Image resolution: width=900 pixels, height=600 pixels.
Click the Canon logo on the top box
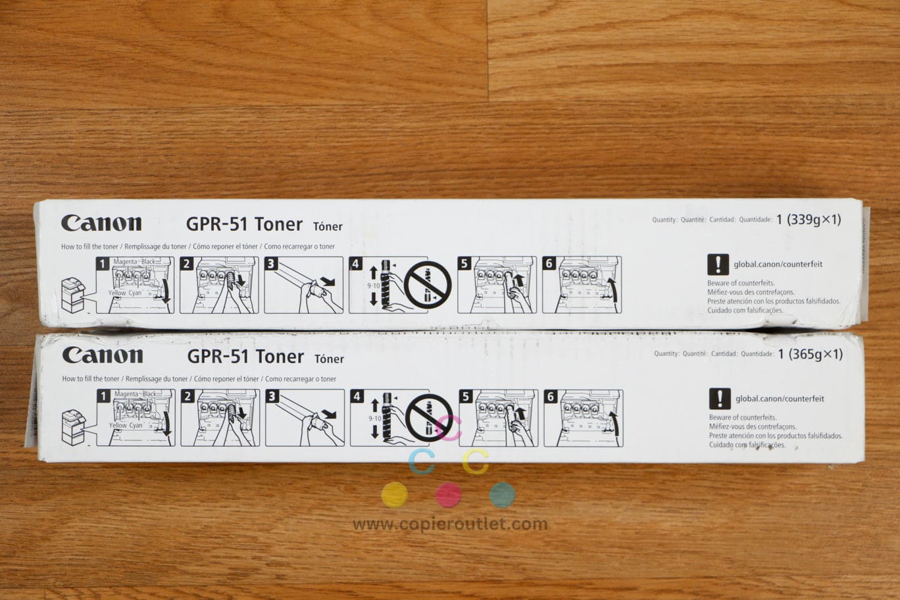pyautogui.click(x=101, y=223)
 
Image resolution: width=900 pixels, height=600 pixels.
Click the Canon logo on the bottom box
pyautogui.click(x=103, y=355)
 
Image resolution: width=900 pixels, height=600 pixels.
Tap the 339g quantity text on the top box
pyautogui.click(x=809, y=220)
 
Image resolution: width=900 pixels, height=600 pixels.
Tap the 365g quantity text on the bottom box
pyautogui.click(x=810, y=354)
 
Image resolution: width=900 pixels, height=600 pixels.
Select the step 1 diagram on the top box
pyautogui.click(x=136, y=285)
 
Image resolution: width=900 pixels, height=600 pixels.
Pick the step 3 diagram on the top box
pyautogui.click(x=303, y=285)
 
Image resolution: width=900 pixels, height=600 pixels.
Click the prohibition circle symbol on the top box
pyautogui.click(x=428, y=285)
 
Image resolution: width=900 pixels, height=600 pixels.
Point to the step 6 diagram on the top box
pyautogui.click(x=582, y=285)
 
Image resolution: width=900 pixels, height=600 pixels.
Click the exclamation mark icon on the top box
pyautogui.click(x=718, y=264)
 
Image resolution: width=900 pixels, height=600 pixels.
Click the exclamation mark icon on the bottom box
pyautogui.click(x=719, y=399)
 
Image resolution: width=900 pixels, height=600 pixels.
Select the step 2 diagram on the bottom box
pyautogui.click(x=220, y=418)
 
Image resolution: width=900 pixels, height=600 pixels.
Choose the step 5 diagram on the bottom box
pyautogui.click(x=498, y=418)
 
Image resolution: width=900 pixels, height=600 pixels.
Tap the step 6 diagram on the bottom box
pyautogui.click(x=584, y=418)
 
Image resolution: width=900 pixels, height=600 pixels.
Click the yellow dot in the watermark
pyautogui.click(x=394, y=495)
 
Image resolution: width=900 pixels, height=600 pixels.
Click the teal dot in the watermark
pyautogui.click(x=502, y=495)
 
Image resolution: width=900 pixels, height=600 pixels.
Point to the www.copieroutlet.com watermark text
pyautogui.click(x=450, y=524)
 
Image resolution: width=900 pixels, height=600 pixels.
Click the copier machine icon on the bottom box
pyautogui.click(x=73, y=427)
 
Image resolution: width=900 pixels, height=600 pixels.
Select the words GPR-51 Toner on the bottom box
pyautogui.click(x=245, y=357)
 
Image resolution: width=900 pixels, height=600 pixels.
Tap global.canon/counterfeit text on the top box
pyautogui.click(x=778, y=264)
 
